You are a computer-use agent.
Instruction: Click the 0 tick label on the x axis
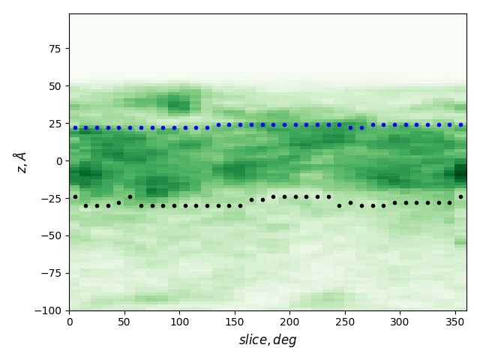[70, 322]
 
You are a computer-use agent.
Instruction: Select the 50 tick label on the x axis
[124, 322]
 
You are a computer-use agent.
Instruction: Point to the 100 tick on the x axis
[179, 322]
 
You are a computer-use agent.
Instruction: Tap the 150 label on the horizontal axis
[235, 322]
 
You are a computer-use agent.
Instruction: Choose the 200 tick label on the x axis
[289, 322]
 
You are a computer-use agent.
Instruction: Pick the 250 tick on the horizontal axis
[345, 322]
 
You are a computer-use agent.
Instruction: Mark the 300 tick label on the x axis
[400, 322]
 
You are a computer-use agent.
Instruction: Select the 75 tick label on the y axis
[55, 48]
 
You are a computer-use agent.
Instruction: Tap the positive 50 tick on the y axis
[55, 85]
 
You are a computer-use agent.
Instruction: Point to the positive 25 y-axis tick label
[55, 123]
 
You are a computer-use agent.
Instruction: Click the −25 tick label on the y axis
[51, 198]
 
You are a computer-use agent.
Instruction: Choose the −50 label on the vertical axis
[51, 235]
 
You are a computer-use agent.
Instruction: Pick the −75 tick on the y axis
[51, 273]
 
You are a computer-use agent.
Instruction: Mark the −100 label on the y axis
[48, 310]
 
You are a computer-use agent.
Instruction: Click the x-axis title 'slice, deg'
[268, 340]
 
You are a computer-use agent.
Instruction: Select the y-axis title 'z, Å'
[20, 162]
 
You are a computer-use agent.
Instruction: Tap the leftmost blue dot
[75, 127]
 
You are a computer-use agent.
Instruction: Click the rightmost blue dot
[460, 124]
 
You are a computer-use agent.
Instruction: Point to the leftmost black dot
[75, 196]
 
